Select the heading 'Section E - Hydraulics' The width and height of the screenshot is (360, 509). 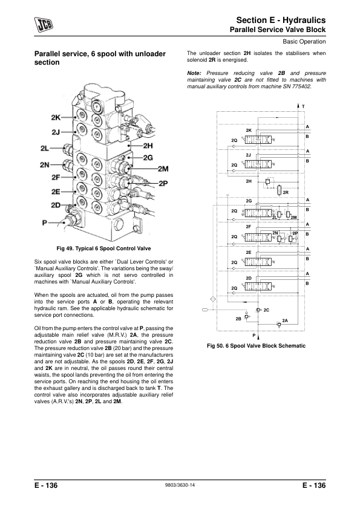pyautogui.click(x=281, y=20)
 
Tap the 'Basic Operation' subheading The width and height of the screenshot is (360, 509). pyautogui.click(x=304, y=42)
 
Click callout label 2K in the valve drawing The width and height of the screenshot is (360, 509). pyautogui.click(x=56, y=117)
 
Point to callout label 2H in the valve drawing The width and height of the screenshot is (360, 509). pyautogui.click(x=148, y=146)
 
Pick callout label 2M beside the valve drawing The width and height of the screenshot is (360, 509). pyautogui.click(x=163, y=169)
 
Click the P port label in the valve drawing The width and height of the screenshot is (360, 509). pyautogui.click(x=45, y=222)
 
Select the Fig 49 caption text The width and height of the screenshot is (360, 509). pyautogui.click(x=103, y=248)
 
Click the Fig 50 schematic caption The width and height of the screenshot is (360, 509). pyautogui.click(x=256, y=346)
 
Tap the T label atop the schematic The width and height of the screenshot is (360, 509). pyautogui.click(x=303, y=106)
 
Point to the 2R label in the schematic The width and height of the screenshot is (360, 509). pyautogui.click(x=286, y=192)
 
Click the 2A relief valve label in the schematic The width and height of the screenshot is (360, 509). pyautogui.click(x=285, y=320)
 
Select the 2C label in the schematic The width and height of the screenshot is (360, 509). pyautogui.click(x=266, y=310)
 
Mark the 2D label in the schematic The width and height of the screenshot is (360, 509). pyautogui.click(x=249, y=278)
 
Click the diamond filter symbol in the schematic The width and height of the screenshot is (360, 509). pyautogui.click(x=213, y=299)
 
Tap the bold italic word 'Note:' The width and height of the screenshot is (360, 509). pyautogui.click(x=194, y=73)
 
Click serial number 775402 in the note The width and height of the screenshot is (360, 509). pyautogui.click(x=301, y=86)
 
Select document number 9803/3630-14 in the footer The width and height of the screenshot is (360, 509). pyautogui.click(x=180, y=485)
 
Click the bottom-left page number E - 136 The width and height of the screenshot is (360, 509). pyautogui.click(x=46, y=485)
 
